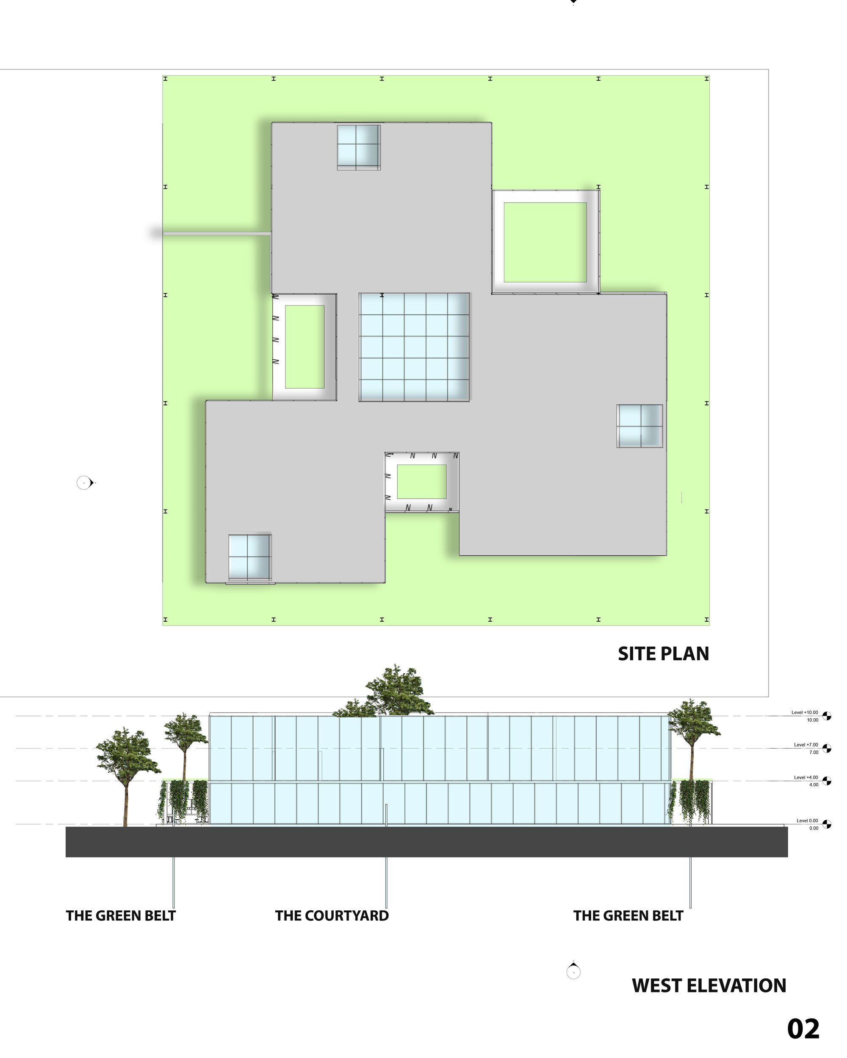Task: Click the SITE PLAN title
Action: [x=663, y=654]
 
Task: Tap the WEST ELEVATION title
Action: [x=709, y=985]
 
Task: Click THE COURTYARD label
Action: [x=332, y=916]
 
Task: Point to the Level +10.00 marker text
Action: [x=805, y=713]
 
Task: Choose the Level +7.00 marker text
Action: [x=806, y=745]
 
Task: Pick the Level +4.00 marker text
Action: [x=806, y=777]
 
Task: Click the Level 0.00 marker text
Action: [x=807, y=821]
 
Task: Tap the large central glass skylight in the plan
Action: [x=415, y=347]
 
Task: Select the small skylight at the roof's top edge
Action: [x=358, y=146]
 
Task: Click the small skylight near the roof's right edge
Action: [x=640, y=426]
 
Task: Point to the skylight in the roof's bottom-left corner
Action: [x=249, y=557]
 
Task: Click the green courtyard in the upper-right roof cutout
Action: [x=545, y=242]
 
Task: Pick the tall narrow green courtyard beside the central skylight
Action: [x=304, y=347]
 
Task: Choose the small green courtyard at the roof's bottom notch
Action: [x=422, y=482]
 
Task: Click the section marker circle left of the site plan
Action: [x=84, y=483]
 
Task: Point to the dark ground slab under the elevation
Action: [x=427, y=842]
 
